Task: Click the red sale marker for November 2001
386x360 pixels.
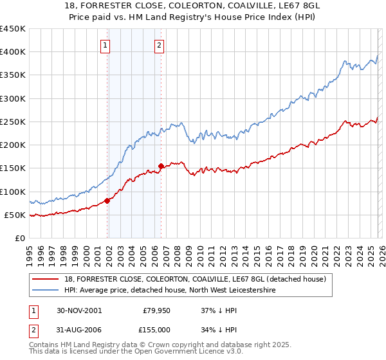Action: pos(107,201)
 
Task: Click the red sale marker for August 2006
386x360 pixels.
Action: pos(161,166)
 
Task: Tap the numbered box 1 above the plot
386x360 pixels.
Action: pos(105,45)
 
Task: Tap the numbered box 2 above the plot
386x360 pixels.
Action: pos(159,45)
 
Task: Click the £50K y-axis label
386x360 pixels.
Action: pos(15,215)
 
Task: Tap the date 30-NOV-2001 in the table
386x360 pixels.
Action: pos(79,310)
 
